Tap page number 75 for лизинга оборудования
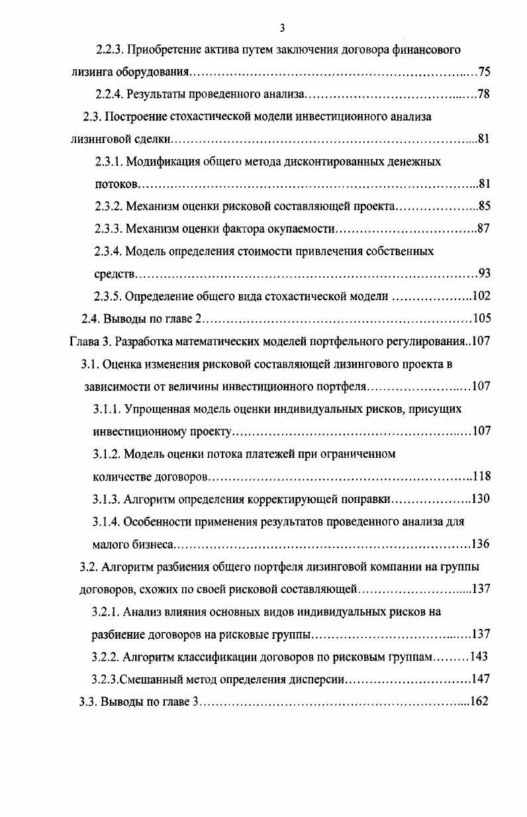tap(483, 72)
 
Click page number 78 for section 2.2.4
tap(483, 94)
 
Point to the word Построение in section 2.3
tap(140, 117)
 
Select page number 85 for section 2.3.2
tap(483, 207)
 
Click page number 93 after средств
tap(483, 274)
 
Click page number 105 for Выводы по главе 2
tap(481, 319)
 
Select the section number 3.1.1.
tap(106, 409)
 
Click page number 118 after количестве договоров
tap(481, 476)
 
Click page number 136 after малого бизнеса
tap(481, 544)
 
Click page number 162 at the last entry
tap(479, 701)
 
